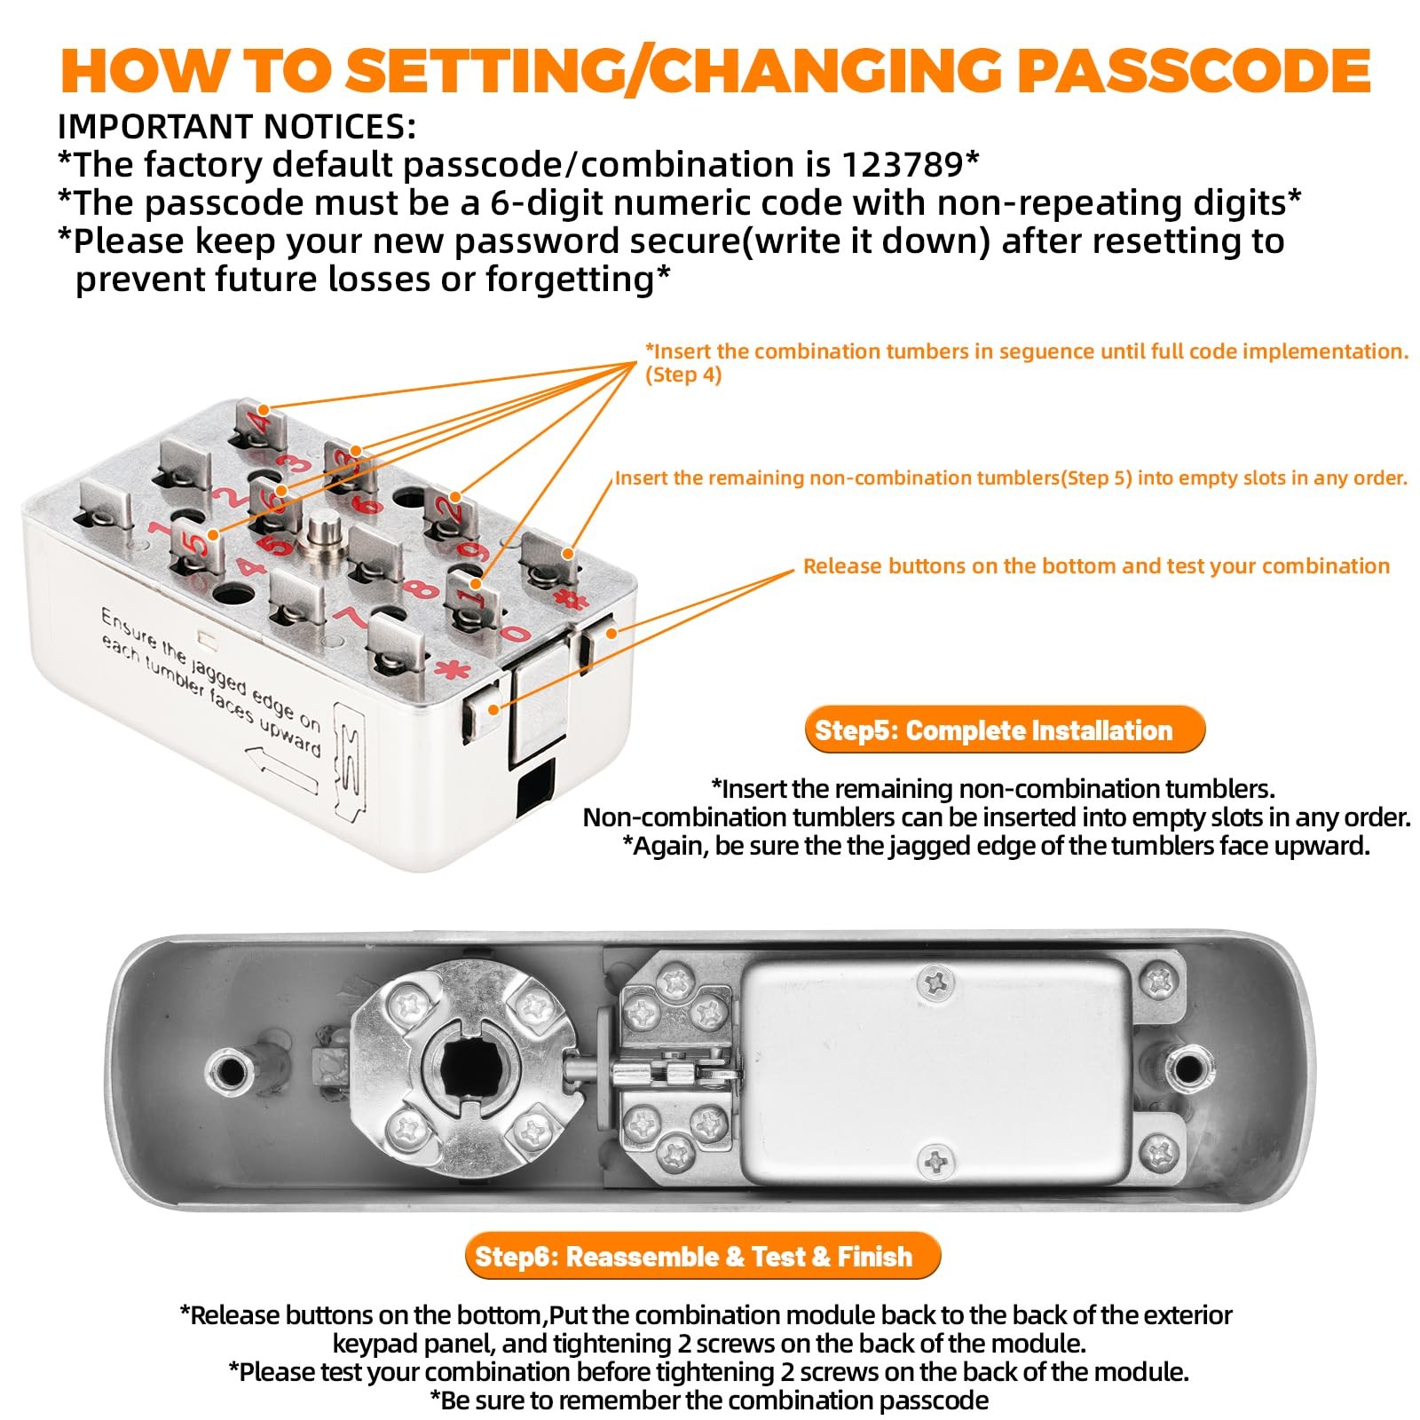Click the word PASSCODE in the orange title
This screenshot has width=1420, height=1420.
coord(1194,70)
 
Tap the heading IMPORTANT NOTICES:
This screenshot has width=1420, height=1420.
coord(236,127)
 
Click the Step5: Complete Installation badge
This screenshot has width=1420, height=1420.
coord(1005,730)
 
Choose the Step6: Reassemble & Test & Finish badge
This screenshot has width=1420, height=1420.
coord(702,1256)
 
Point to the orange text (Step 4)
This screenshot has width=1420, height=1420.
coord(683,375)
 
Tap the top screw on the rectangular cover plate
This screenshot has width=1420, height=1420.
coord(935,982)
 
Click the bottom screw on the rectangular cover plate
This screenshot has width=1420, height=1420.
coord(935,1160)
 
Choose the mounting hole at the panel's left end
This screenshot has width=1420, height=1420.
coord(230,1070)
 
